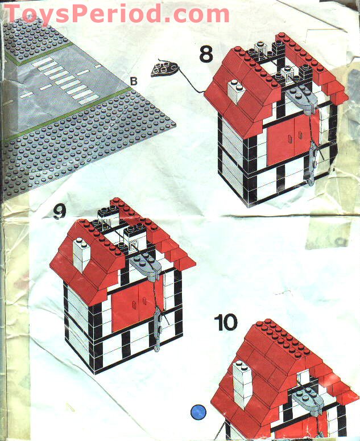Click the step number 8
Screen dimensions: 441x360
tap(206, 54)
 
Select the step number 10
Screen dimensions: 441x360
tap(226, 322)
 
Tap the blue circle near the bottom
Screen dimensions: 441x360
tap(198, 411)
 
